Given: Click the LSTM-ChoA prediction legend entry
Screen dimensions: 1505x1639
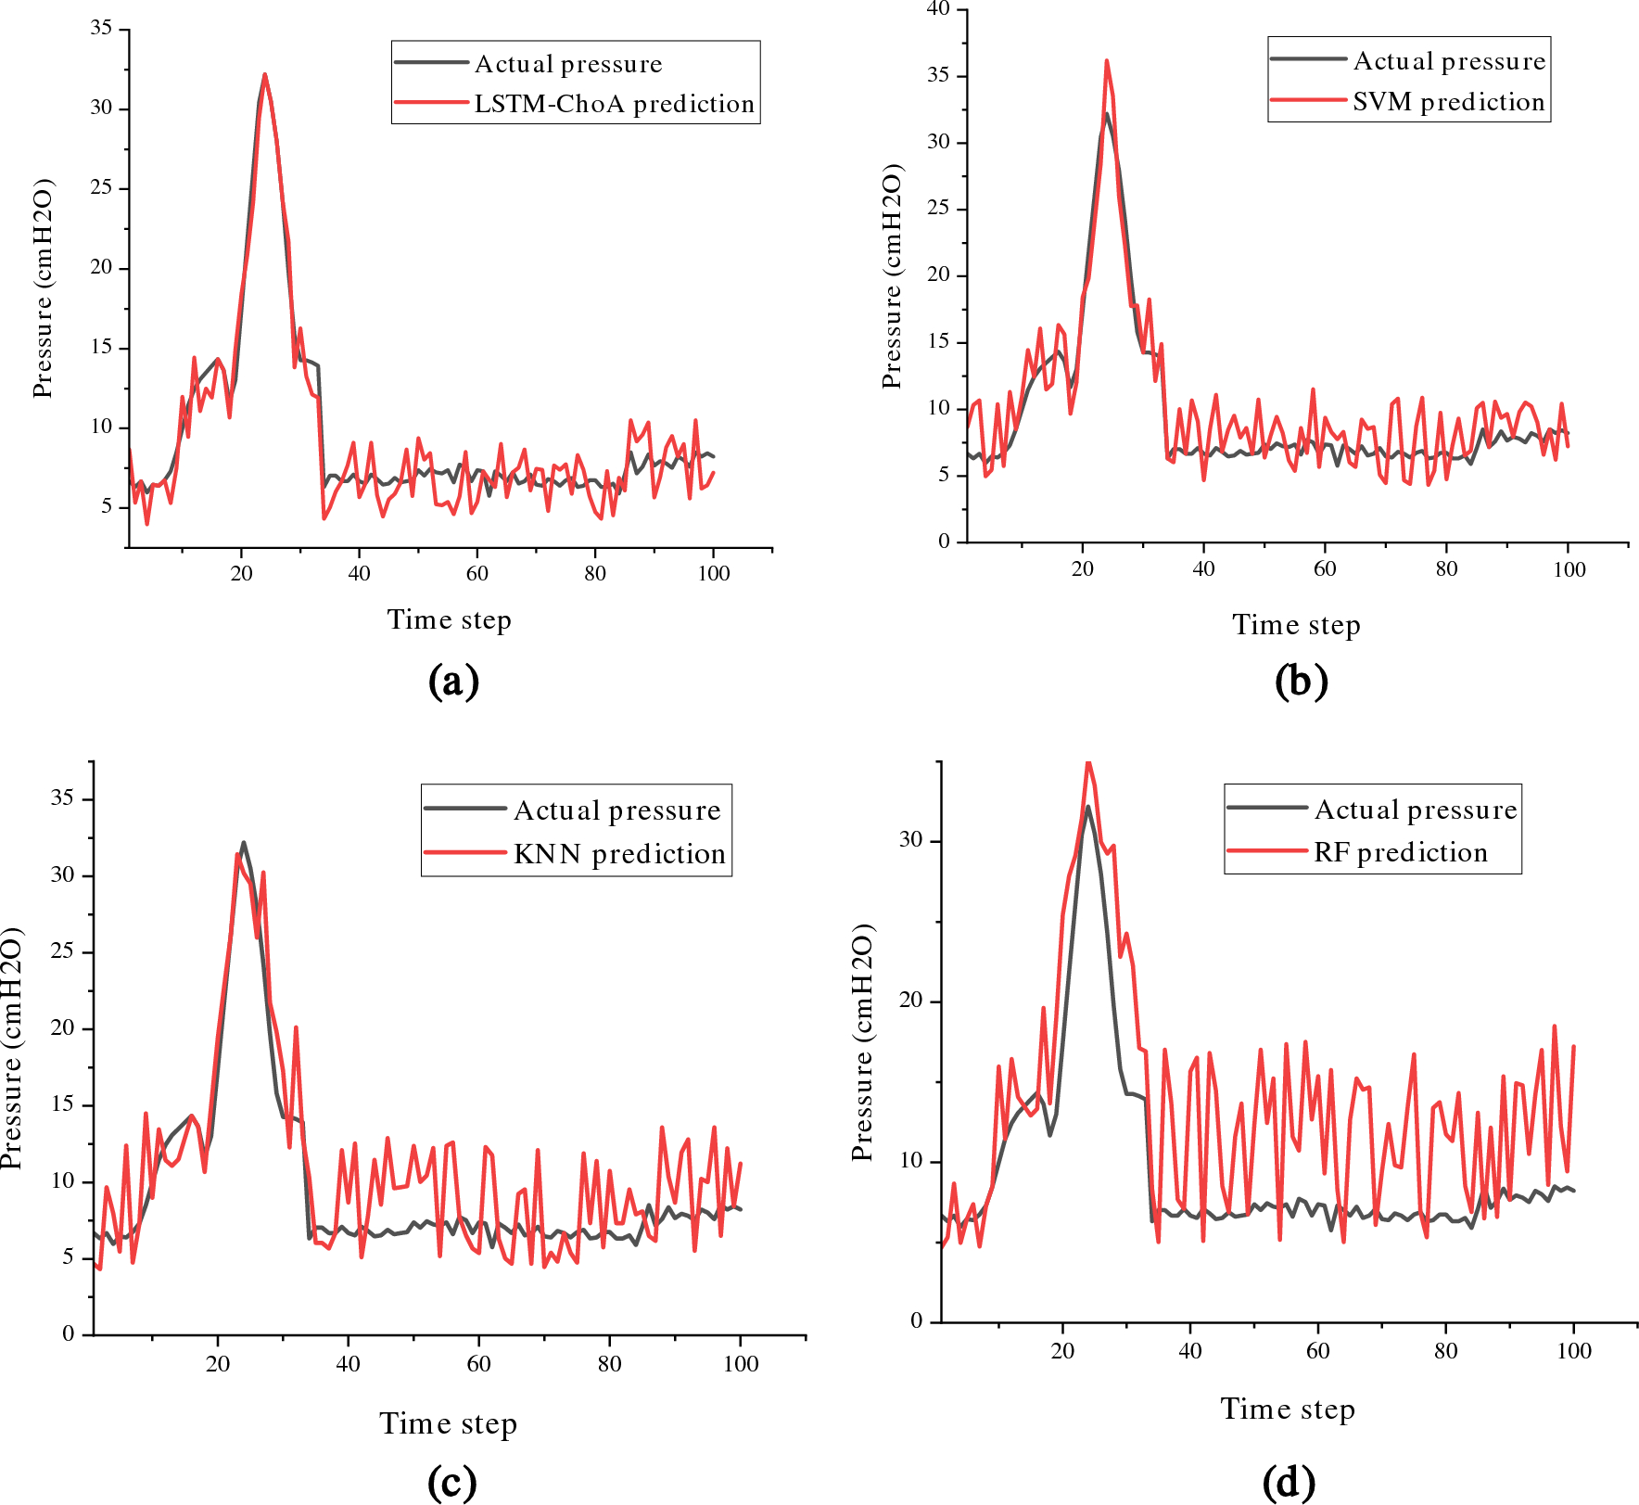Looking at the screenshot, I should [x=614, y=104].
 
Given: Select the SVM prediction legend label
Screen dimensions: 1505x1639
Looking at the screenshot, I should [x=1448, y=102].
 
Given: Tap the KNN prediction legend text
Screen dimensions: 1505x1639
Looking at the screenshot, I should [x=619, y=854].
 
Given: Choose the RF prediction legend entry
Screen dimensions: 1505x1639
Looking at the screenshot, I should [x=1400, y=852].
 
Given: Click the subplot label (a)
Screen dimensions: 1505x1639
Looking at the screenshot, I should [x=453, y=682].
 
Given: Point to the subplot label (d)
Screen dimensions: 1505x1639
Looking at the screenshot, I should [x=1289, y=1482].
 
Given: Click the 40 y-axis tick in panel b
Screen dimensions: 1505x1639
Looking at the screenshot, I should [x=938, y=9].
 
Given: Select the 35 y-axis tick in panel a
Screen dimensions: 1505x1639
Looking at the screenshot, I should [x=101, y=29].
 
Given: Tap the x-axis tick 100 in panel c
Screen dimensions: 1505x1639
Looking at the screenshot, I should [x=741, y=1364].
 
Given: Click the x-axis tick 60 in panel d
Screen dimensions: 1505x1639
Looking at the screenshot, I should [x=1317, y=1351].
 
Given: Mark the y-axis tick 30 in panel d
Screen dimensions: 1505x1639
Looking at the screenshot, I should [x=911, y=840].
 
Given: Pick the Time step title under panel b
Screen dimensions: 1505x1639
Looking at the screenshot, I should [x=1296, y=625].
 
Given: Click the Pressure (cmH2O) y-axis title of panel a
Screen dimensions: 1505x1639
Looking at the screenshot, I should [x=43, y=288].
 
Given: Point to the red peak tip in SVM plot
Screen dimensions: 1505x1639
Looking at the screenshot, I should [x=1106, y=61].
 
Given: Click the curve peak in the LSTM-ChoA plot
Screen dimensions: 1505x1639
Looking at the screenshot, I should [x=265, y=74].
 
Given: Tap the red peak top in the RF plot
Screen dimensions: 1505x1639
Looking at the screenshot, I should [x=1088, y=762].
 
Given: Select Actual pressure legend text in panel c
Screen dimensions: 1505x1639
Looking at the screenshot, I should [x=617, y=811].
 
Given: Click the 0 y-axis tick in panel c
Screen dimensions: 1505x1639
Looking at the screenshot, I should [x=69, y=1334].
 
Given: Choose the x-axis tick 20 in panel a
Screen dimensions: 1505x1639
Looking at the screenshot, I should [x=242, y=573].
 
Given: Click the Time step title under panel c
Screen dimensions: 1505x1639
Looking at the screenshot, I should [x=448, y=1423].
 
